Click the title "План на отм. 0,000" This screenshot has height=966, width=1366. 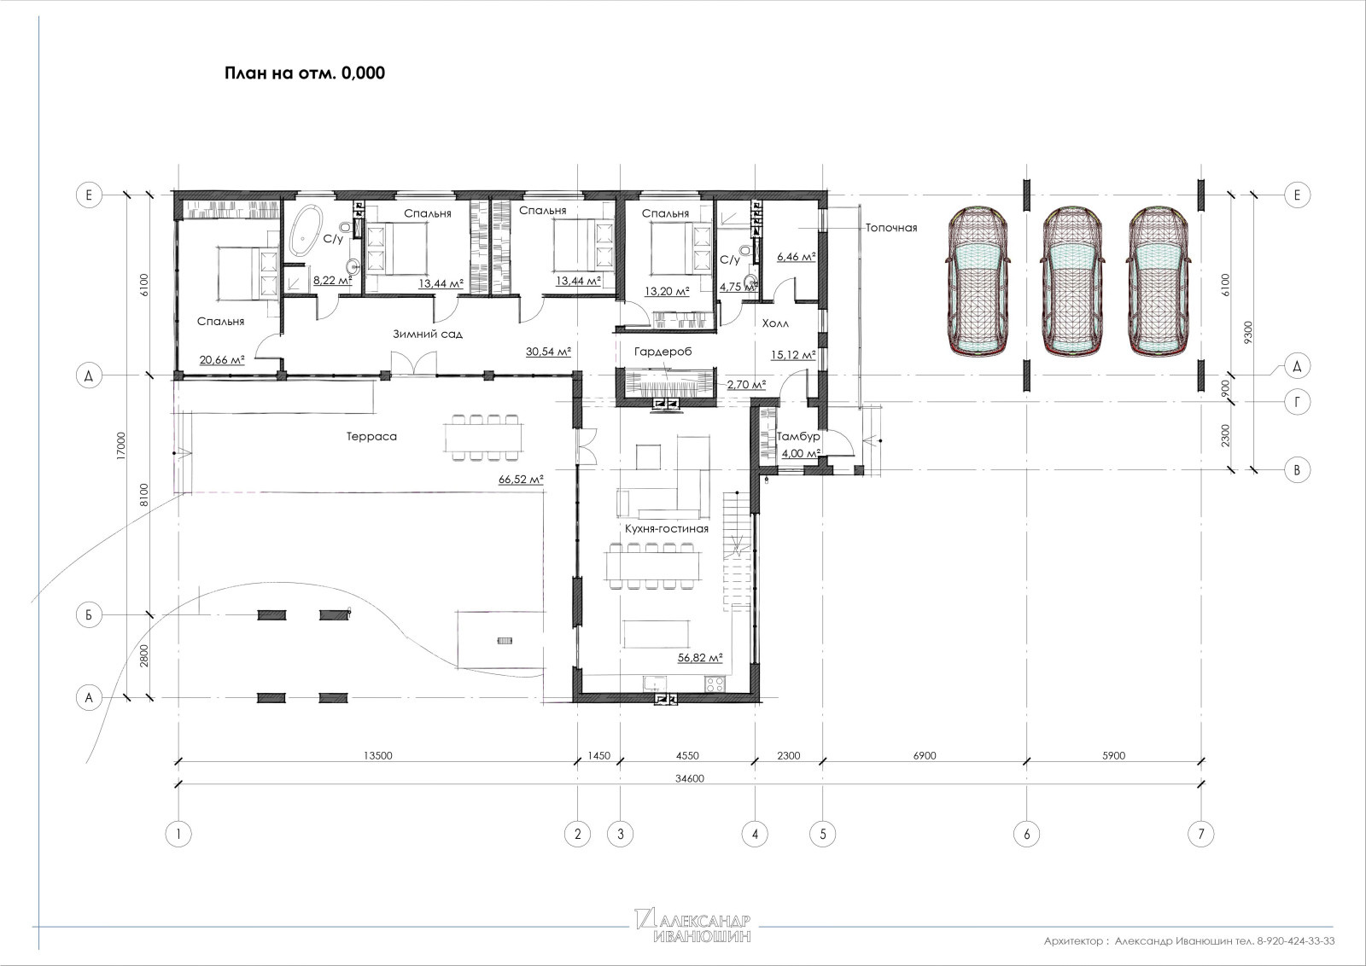click(x=305, y=73)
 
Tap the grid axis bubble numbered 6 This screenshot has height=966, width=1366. click(x=1026, y=834)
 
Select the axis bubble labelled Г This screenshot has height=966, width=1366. click(x=1297, y=402)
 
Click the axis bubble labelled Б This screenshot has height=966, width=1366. click(x=89, y=615)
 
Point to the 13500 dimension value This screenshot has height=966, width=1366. click(x=378, y=756)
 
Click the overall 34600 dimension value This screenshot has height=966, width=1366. click(x=690, y=778)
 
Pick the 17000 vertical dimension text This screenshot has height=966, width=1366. click(x=121, y=445)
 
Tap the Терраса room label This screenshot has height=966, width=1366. click(x=371, y=436)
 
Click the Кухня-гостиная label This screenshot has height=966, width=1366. click(x=667, y=529)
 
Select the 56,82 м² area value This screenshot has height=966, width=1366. click(x=700, y=658)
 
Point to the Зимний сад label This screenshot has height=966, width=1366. click(x=428, y=334)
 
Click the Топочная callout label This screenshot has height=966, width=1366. click(x=891, y=228)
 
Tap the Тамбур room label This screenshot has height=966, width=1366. click(x=798, y=437)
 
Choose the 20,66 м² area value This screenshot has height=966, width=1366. click(x=222, y=360)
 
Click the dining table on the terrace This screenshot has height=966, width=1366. click(x=483, y=437)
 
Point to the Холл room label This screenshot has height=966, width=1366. click(x=775, y=323)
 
